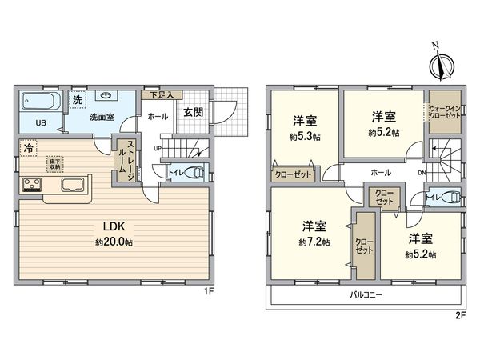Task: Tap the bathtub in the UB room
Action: click(x=41, y=101)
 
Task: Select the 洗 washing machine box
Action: click(x=77, y=101)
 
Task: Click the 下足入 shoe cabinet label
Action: click(x=158, y=94)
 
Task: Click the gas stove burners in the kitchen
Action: click(x=33, y=186)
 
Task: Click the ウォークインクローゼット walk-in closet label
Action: click(x=445, y=113)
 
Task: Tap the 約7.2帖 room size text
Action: click(x=313, y=242)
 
